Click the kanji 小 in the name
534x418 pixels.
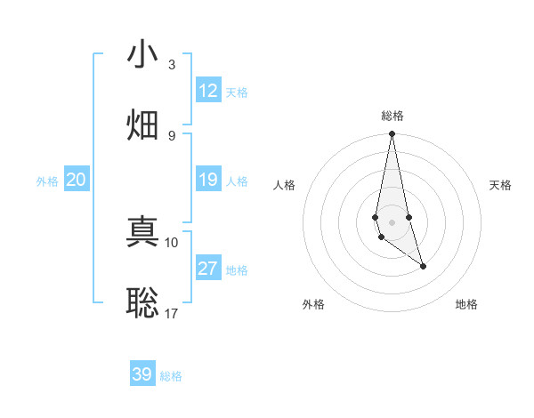click(x=143, y=56)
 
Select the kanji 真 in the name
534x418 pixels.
click(x=143, y=234)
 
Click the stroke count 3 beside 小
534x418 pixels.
click(x=172, y=65)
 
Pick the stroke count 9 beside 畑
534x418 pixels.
click(x=172, y=135)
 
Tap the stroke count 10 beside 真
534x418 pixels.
click(x=172, y=242)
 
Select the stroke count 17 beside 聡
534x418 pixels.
click(x=172, y=313)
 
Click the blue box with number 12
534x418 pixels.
click(x=208, y=91)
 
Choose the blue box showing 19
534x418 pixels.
click(x=208, y=180)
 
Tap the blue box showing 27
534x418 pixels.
click(x=208, y=269)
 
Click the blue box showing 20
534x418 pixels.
click(x=76, y=180)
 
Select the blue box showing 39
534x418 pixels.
click(x=142, y=374)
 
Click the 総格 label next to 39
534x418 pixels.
click(x=171, y=376)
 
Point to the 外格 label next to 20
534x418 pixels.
click(x=47, y=181)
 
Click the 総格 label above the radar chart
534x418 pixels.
click(x=392, y=116)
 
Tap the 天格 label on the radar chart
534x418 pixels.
click(x=501, y=185)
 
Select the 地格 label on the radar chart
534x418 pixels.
click(x=466, y=304)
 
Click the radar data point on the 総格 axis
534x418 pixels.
click(x=392, y=134)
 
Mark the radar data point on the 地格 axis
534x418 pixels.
click(x=423, y=266)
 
